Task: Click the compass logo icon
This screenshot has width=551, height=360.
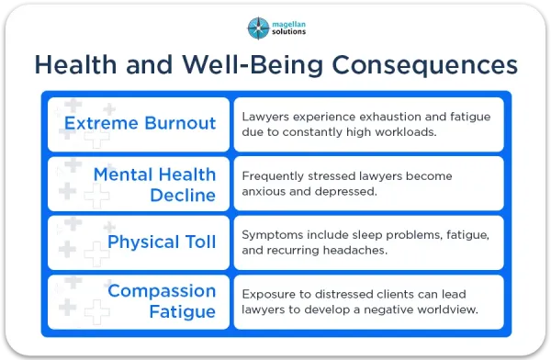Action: click(258, 28)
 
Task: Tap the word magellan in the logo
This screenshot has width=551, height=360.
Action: click(289, 24)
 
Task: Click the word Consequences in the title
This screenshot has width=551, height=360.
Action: click(424, 65)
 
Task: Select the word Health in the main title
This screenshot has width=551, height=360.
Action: click(75, 64)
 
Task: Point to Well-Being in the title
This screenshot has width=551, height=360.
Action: click(253, 65)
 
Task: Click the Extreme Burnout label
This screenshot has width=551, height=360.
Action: click(140, 123)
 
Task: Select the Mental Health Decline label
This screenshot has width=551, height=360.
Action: click(154, 185)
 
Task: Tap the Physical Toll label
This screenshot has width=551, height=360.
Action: click(162, 242)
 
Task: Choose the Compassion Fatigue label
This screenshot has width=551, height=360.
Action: click(162, 301)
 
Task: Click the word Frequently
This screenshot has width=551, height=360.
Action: click(273, 176)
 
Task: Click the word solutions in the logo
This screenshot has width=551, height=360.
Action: click(289, 31)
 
